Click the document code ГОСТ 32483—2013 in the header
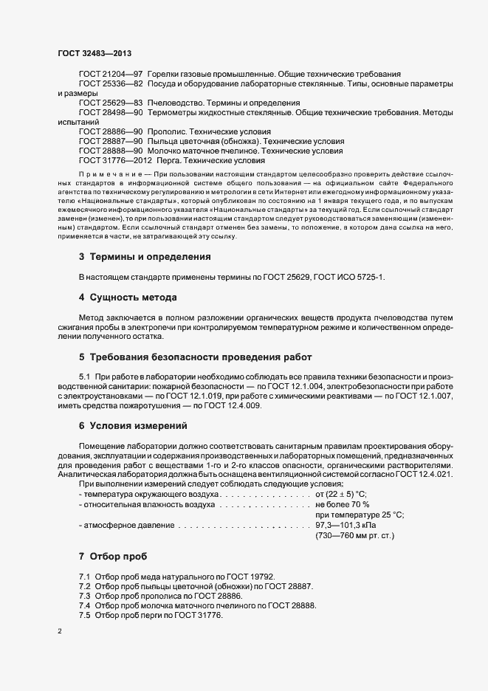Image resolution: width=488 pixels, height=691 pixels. click(x=94, y=52)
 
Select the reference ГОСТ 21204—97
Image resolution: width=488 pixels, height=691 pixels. click(x=111, y=75)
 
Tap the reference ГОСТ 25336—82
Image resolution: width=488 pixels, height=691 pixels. click(x=111, y=84)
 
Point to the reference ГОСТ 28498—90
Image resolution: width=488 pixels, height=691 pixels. click(x=111, y=112)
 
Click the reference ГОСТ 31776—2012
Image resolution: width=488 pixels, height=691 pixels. click(x=116, y=159)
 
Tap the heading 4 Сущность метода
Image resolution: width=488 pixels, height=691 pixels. click(x=128, y=298)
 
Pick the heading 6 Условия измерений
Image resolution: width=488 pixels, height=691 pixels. click(x=133, y=426)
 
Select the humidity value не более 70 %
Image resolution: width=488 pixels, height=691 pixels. click(x=343, y=504)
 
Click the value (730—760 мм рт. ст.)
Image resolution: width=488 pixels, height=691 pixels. click(x=354, y=536)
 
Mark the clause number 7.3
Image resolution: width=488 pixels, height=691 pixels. click(x=85, y=595)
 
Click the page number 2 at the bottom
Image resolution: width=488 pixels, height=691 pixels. click(x=60, y=633)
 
